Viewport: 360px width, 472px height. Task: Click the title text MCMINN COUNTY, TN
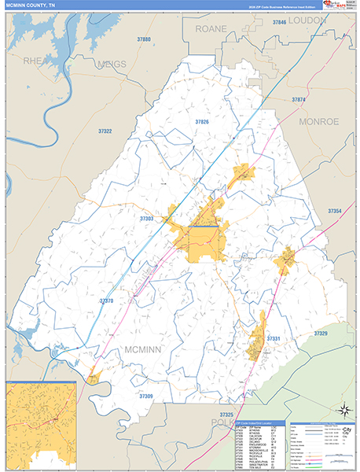click(31, 6)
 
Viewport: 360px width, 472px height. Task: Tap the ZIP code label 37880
click(143, 39)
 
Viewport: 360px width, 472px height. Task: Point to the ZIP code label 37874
click(299, 100)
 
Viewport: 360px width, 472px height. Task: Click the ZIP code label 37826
click(202, 122)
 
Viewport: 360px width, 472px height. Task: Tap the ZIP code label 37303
click(146, 218)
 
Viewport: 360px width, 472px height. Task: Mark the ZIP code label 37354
click(335, 212)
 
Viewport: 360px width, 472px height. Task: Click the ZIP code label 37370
click(106, 301)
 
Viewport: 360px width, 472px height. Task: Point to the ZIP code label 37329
click(321, 334)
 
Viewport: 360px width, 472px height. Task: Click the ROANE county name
click(211, 28)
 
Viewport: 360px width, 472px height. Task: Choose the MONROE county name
click(318, 122)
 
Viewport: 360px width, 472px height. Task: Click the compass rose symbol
click(343, 409)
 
